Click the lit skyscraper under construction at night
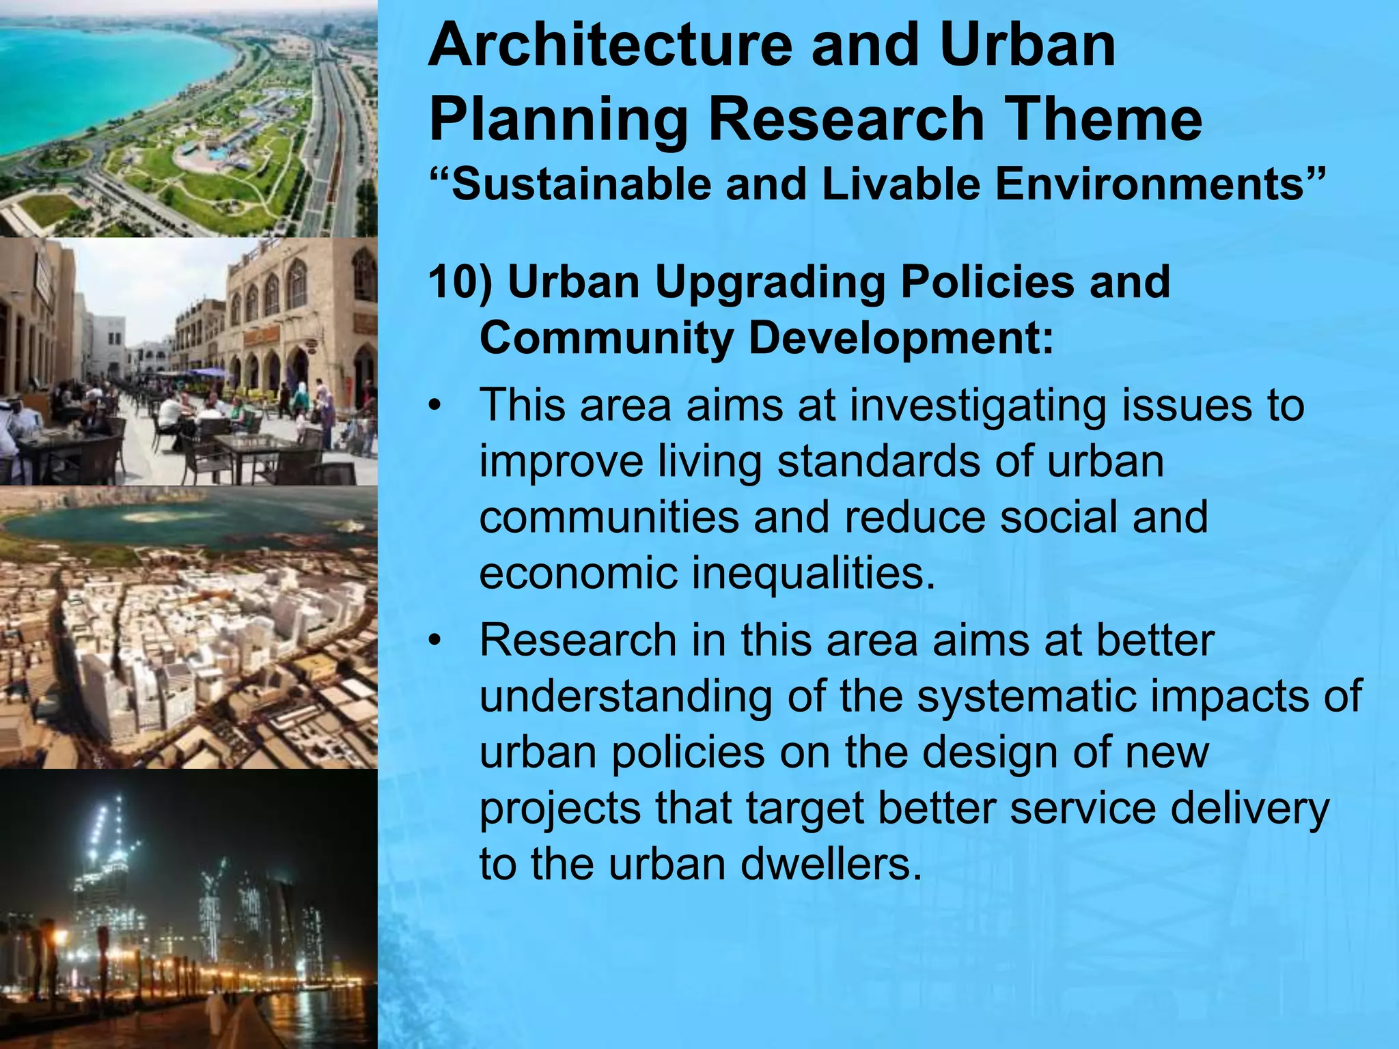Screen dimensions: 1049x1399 point(109,867)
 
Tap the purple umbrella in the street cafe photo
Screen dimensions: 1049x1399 point(208,373)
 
